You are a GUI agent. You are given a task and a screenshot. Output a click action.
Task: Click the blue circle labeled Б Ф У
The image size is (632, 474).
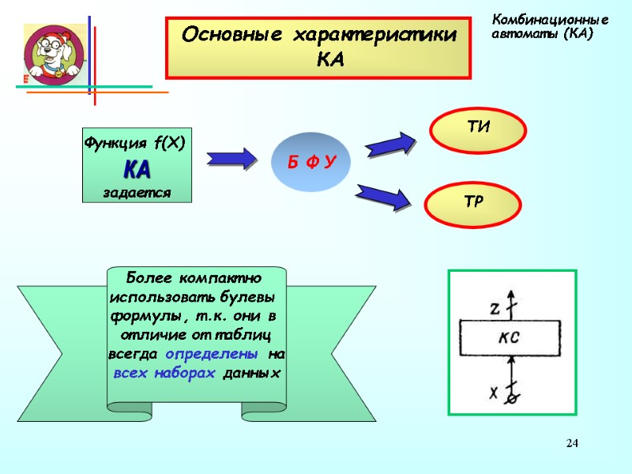[x=311, y=162]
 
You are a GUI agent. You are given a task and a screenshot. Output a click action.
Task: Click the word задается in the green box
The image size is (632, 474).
[x=137, y=192]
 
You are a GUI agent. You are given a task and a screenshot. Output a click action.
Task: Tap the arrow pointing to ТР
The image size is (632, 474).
[x=385, y=195]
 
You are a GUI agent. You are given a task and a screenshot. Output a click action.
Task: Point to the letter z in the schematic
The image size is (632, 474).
[x=495, y=310]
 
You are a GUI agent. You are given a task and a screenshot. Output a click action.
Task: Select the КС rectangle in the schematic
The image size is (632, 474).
[x=510, y=338]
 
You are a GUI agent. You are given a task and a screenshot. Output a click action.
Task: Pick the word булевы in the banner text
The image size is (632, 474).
[x=251, y=299]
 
